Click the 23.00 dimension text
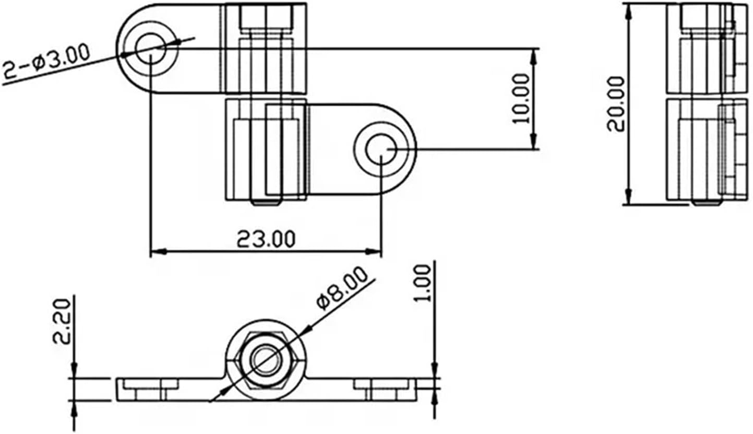266,239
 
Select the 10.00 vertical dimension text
521,98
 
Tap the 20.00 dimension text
616,103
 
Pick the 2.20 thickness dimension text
61,321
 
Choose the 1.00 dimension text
425,283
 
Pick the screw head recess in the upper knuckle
266,17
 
